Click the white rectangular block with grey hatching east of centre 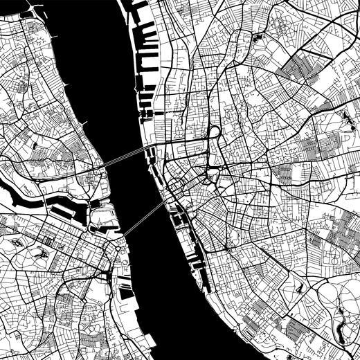[x=285, y=173]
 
